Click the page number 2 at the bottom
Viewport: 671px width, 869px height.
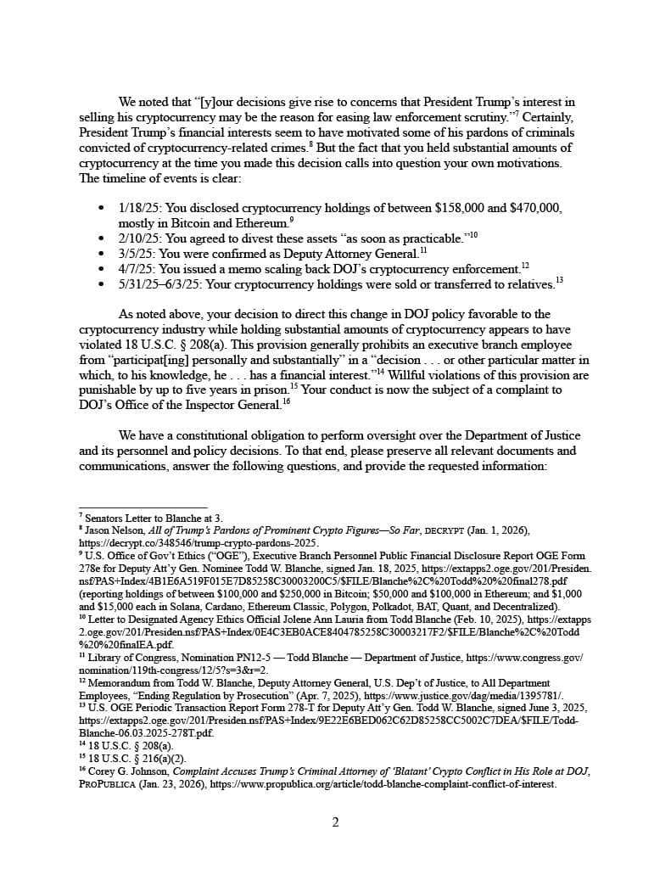coord(335,822)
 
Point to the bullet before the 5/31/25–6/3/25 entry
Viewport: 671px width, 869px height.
coord(102,283)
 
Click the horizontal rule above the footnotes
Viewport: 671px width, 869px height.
coord(143,507)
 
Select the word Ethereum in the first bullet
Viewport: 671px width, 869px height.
coord(259,223)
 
